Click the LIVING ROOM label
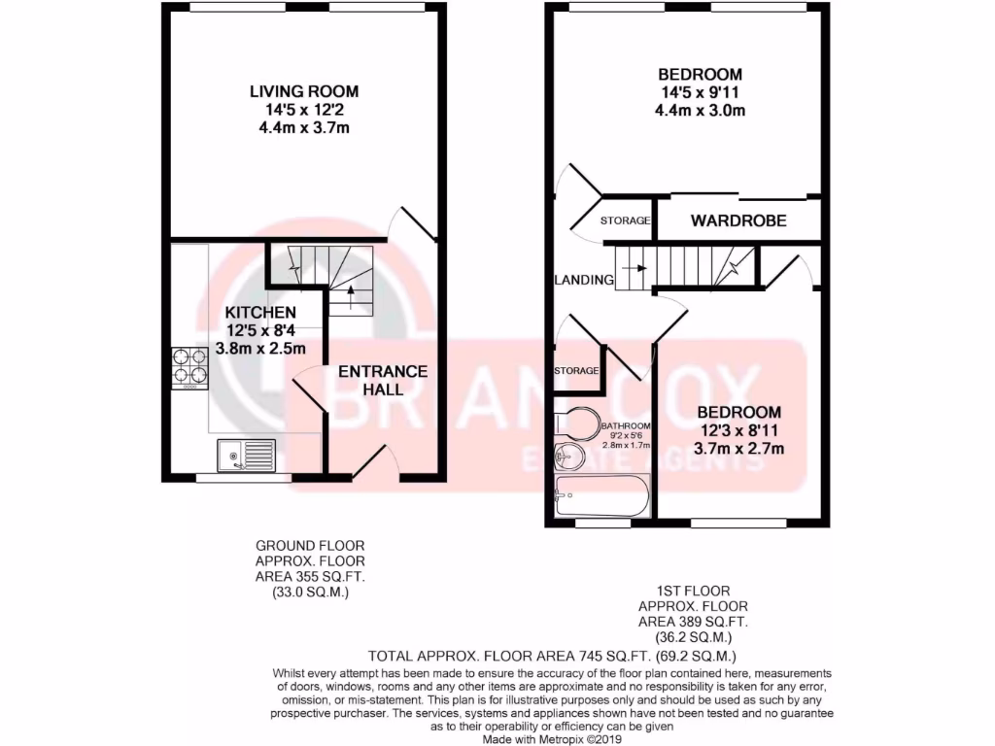pos(304,91)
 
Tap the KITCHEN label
pos(260,313)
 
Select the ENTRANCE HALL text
pos(382,380)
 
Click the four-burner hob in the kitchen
pos(189,367)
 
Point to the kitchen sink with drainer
pos(247,456)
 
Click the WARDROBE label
pos(738,221)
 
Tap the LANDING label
pos(584,280)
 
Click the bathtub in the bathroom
pos(601,498)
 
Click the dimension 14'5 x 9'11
pos(700,92)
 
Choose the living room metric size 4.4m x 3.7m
pos(304,127)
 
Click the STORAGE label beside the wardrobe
pos(625,221)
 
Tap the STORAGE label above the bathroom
pos(575,371)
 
